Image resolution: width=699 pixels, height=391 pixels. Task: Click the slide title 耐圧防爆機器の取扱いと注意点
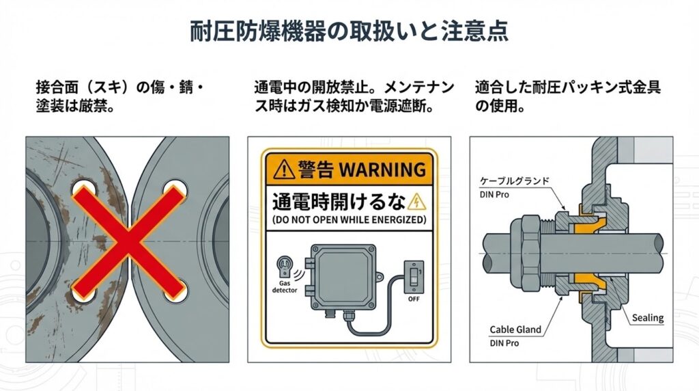[349, 31]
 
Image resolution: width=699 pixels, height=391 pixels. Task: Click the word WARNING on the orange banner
[382, 170]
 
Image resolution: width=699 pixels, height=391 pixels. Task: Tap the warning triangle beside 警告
[283, 170]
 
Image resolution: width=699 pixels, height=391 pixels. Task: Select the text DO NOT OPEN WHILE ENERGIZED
[349, 219]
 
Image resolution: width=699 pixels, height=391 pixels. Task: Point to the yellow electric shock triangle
[416, 202]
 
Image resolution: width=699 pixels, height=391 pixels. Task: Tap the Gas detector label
[285, 286]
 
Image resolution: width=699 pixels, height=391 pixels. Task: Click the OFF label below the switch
[414, 299]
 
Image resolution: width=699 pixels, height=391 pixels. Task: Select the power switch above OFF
[414, 277]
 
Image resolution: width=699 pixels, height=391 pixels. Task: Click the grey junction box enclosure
[343, 277]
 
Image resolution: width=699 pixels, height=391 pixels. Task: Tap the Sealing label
[648, 318]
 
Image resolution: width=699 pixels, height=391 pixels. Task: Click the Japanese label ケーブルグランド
[515, 180]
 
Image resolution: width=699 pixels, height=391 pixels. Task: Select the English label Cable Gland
[515, 329]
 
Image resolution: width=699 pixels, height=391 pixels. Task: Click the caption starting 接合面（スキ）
[120, 97]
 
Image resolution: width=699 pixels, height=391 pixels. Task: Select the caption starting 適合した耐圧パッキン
[567, 97]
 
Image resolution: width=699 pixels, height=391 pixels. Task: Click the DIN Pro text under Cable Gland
[504, 343]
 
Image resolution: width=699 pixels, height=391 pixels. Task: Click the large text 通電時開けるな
[339, 202]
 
